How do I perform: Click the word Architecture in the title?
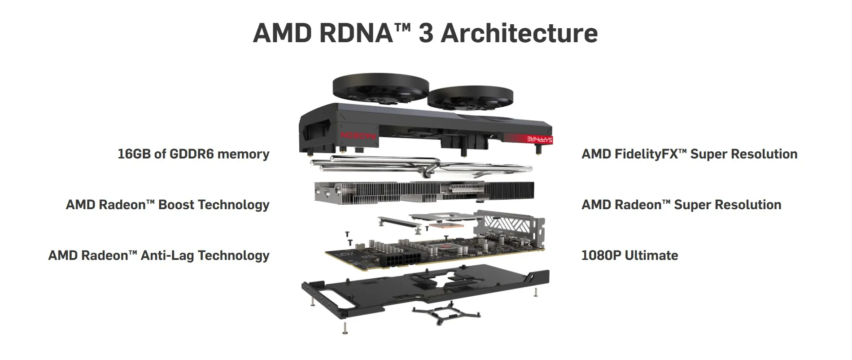pos(519,33)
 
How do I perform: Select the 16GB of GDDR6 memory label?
pos(193,154)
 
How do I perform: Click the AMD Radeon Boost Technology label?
pos(168,205)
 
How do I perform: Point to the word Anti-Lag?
pos(167,255)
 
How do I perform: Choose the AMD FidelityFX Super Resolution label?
pos(690,154)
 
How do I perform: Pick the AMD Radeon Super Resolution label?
pos(682,205)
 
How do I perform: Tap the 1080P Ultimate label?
pos(630,255)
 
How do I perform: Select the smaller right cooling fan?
pos(470,98)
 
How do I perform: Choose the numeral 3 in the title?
pos(426,33)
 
